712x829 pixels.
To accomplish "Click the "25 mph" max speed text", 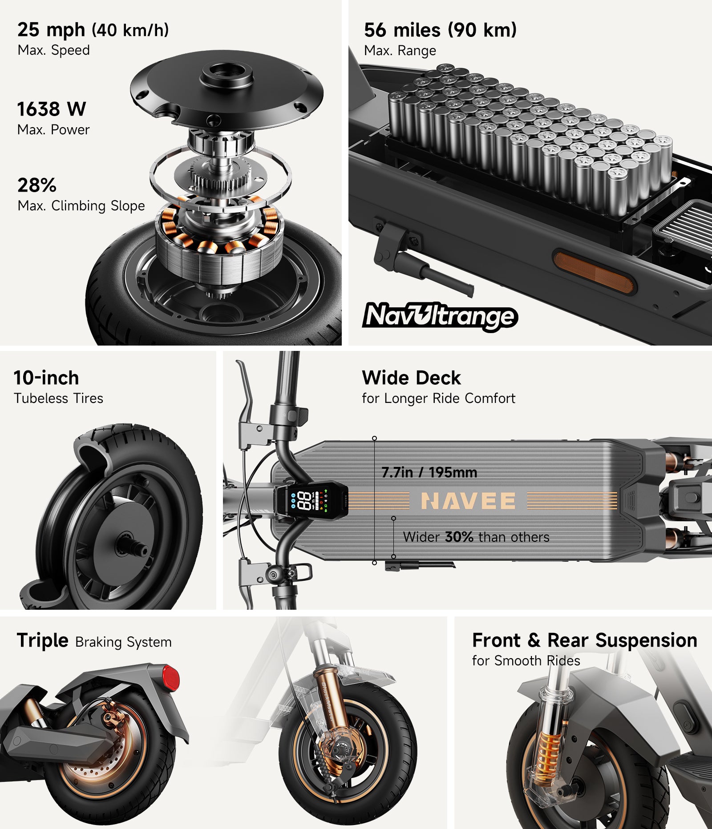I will pos(51,30).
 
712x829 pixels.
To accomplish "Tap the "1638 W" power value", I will pos(52,109).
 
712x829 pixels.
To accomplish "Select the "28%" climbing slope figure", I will pos(37,185).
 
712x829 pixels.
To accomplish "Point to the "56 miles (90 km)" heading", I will pos(440,30).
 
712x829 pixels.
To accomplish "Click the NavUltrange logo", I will pos(440,316).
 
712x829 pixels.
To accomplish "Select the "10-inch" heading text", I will pos(46,378).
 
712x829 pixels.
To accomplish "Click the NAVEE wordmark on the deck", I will pos(468,501).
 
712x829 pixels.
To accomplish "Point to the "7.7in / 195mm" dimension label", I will pos(429,472).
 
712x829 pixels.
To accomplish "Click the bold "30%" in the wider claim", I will pos(459,537).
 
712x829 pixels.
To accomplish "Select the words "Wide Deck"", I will pos(411,378).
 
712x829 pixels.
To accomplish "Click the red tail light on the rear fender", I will pos(170,678).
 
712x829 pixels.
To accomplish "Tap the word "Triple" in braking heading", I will pos(43,641).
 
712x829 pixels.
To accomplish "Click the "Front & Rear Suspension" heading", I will pos(584,640).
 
